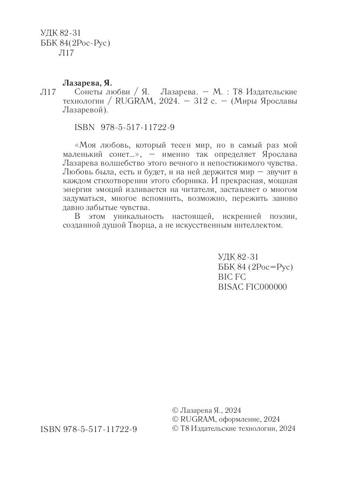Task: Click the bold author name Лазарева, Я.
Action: pyautogui.click(x=88, y=83)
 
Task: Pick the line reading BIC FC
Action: pyautogui.click(x=232, y=277)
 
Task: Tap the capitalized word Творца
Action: pyautogui.click(x=155, y=226)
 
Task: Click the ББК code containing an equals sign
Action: pyautogui.click(x=256, y=267)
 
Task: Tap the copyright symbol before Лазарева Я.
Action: pyautogui.click(x=174, y=410)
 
